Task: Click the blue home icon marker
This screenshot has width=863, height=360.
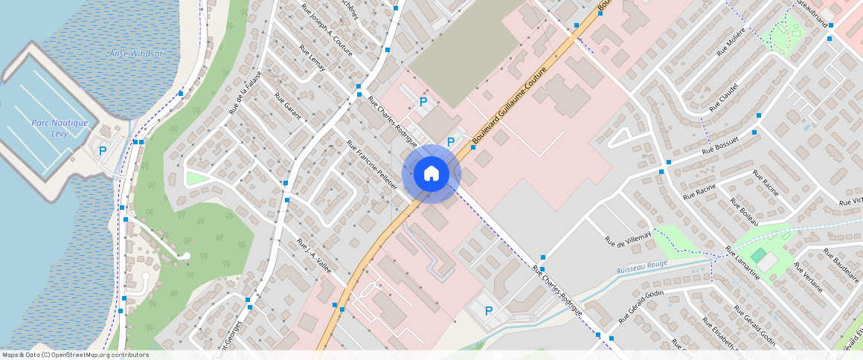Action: (x=431, y=174)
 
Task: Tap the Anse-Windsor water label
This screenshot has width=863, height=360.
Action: (x=135, y=54)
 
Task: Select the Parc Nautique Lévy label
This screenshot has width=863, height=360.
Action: (x=60, y=128)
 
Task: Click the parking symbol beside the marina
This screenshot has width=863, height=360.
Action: (x=103, y=151)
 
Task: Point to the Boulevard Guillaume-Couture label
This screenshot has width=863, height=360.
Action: (x=510, y=106)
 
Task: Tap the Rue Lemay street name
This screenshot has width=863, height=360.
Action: (x=312, y=59)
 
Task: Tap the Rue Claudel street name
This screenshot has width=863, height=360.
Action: (x=723, y=97)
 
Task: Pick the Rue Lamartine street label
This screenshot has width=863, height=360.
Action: (x=743, y=264)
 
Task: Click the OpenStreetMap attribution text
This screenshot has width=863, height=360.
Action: (x=75, y=355)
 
